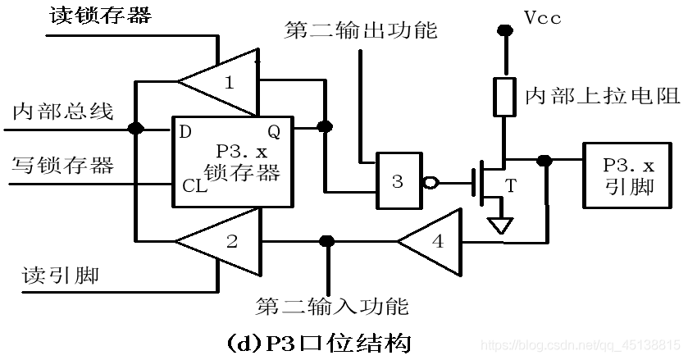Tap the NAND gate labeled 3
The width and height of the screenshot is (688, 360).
point(397,181)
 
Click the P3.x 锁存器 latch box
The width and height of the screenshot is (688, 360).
point(231,162)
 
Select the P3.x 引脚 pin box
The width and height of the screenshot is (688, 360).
point(630,175)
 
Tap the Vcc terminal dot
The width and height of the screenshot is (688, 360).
point(505,31)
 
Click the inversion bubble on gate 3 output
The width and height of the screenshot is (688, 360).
point(426,182)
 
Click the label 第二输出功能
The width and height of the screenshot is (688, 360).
point(361,30)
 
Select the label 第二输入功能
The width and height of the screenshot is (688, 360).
point(331,306)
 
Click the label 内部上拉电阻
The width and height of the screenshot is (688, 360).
point(602,94)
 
